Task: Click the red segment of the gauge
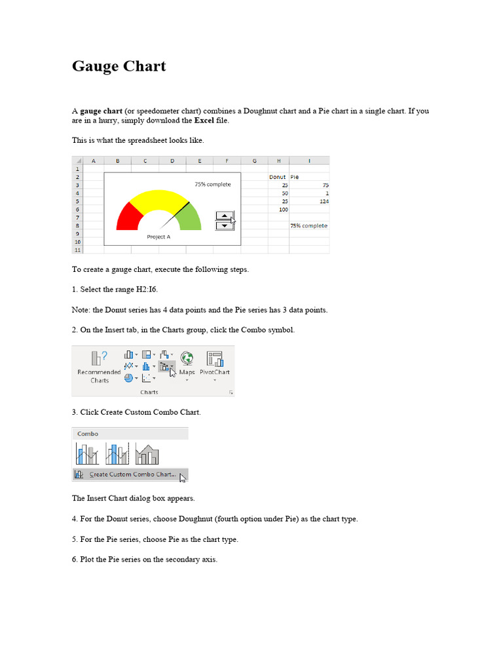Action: click(x=128, y=216)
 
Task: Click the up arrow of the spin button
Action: click(x=224, y=216)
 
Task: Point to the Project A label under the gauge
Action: click(x=158, y=237)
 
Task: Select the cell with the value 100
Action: click(x=278, y=210)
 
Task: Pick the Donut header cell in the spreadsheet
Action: click(x=278, y=177)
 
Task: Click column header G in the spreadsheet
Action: click(x=254, y=161)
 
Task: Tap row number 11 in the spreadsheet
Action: click(x=77, y=250)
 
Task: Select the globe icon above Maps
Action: click(x=187, y=358)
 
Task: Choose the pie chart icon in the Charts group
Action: click(x=128, y=378)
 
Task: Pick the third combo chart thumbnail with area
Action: click(x=147, y=452)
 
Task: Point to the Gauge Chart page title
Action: click(x=119, y=66)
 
